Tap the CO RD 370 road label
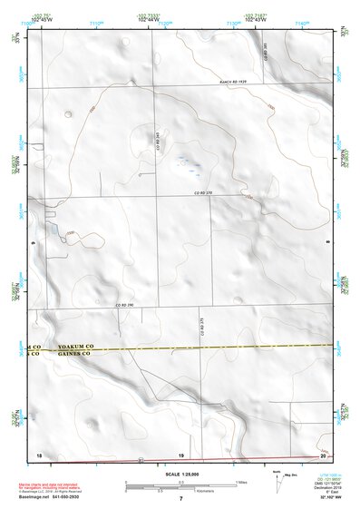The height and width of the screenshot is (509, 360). pos(208,193)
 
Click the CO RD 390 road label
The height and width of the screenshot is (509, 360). pos(123,306)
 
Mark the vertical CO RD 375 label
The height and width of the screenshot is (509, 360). pos(201,324)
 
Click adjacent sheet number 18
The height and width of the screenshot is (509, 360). pos(39,454)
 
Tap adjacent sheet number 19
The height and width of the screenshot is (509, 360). pos(180,454)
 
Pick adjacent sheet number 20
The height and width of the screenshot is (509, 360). pos(323,454)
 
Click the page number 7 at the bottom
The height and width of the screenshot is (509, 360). pos(180,500)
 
